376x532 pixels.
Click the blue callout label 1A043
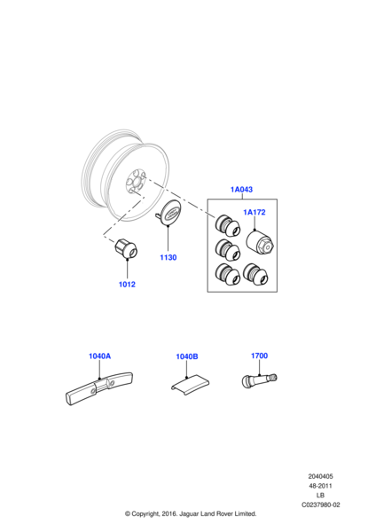[x=241, y=190]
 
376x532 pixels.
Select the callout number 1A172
[x=255, y=212]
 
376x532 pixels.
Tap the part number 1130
[x=168, y=257]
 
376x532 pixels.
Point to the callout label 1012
[x=127, y=285]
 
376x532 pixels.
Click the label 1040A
[x=100, y=356]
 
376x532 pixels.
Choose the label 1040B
[x=187, y=356]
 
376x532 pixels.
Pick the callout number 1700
[x=259, y=356]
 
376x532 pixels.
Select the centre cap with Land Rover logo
[x=170, y=213]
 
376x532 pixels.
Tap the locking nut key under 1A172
[x=260, y=242]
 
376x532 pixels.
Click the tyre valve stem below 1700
[x=260, y=380]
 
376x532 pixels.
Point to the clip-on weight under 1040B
[x=190, y=385]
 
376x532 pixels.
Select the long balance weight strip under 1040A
[x=98, y=388]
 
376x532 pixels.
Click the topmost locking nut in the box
[x=227, y=225]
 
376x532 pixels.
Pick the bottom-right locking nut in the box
[x=255, y=273]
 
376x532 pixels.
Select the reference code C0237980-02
[x=321, y=505]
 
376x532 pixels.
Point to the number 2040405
[x=320, y=476]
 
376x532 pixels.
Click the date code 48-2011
[x=320, y=486]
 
